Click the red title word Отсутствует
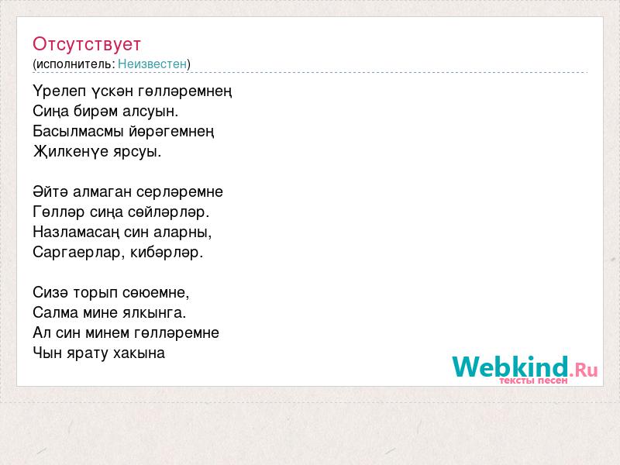tap(87, 44)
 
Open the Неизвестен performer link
tap(152, 64)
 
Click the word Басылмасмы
tap(78, 131)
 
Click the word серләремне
tap(180, 192)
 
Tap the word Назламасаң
tap(76, 232)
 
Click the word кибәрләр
tap(167, 253)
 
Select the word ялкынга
tap(154, 313)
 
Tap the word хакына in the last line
tap(139, 353)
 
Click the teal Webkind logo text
tap(511, 366)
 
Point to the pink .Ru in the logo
tap(584, 370)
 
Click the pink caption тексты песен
tap(533, 381)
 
